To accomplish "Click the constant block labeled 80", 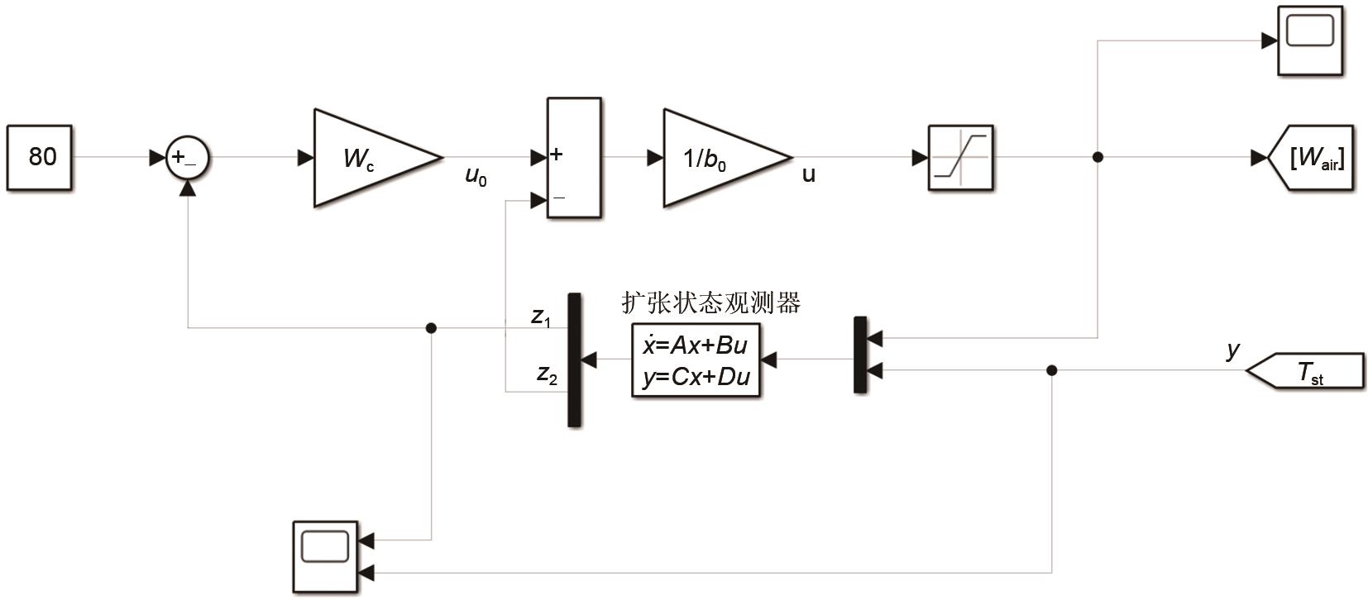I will pos(40,157).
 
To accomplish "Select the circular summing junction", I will pos(188,157).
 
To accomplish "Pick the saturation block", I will pos(960,157).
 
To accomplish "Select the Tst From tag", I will pos(1307,371).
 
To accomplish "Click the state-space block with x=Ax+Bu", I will pos(696,360).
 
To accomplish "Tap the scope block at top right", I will pos(1310,40).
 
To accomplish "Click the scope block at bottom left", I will pos(326,556).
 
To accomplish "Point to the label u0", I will pos(476,176).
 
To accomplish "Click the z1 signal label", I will pos(541,316).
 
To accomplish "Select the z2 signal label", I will pos(547,374).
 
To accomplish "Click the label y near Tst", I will pos(1233,350).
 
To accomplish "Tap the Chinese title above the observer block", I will pos(711,302).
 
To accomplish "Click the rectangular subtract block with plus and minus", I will pos(574,157).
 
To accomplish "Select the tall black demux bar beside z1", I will pos(574,360).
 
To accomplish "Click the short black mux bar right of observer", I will pos(860,355).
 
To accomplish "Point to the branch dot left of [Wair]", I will pos(1098,157).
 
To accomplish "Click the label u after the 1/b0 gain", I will pos(808,174).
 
